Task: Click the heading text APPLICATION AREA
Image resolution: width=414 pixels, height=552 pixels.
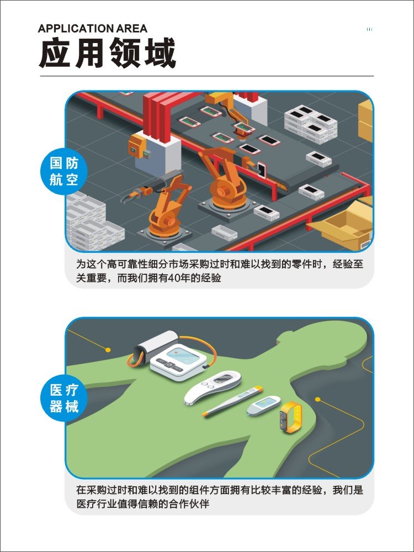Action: (x=92, y=29)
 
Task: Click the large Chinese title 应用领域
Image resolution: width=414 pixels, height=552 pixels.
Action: (x=107, y=53)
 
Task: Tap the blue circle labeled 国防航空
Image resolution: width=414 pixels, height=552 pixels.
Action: (x=63, y=172)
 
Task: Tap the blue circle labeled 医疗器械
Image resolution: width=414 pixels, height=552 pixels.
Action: (x=63, y=398)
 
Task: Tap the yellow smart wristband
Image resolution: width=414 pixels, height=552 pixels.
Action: (x=291, y=417)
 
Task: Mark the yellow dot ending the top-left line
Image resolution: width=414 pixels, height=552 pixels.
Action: (x=108, y=349)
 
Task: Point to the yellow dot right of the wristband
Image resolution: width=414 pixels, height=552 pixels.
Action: (x=317, y=400)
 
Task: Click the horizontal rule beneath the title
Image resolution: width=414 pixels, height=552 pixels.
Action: (x=206, y=76)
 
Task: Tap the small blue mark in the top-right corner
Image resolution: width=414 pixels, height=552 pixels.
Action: (x=369, y=29)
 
